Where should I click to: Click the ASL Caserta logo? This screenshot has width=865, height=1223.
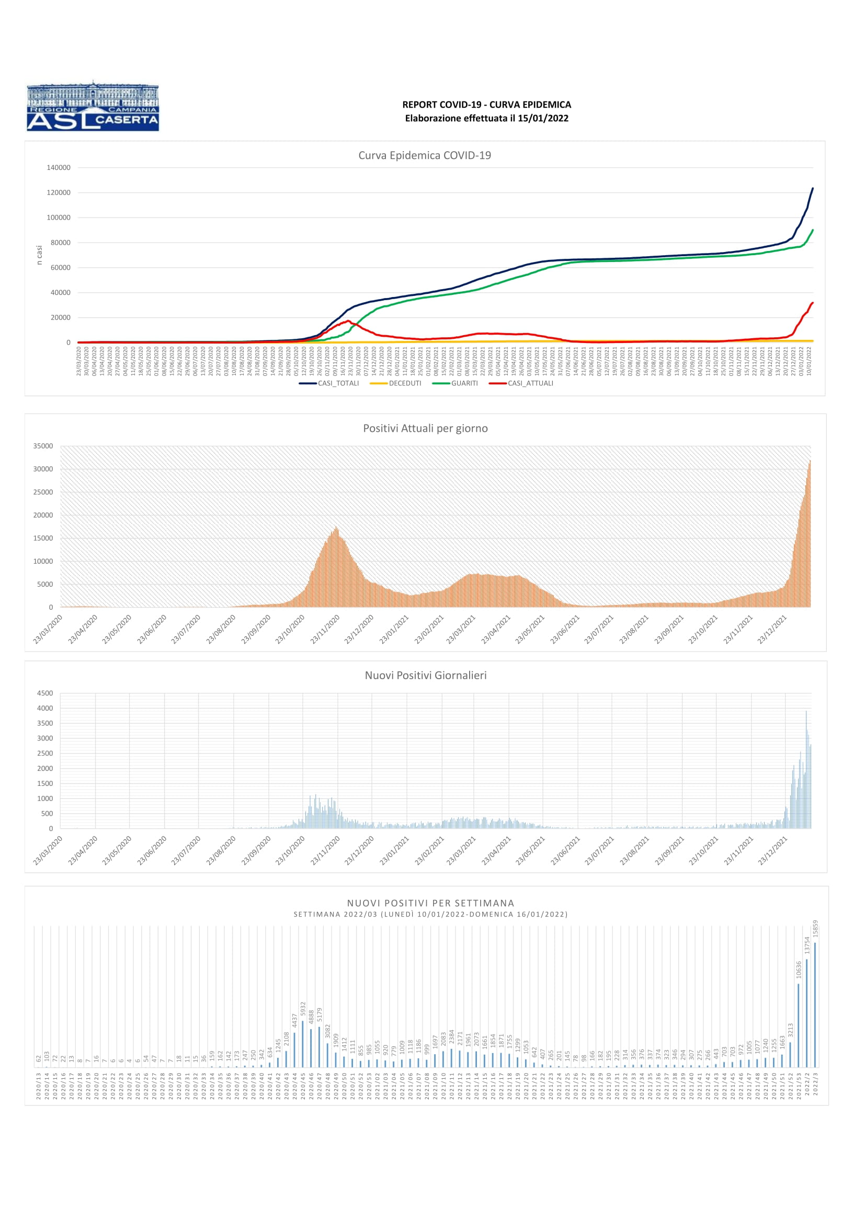93,106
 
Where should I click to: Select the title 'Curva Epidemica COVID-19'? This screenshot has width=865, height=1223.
425,155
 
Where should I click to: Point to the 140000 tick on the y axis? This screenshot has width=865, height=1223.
59,168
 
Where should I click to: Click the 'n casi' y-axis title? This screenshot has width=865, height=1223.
39,255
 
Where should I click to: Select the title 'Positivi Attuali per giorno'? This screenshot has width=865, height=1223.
425,428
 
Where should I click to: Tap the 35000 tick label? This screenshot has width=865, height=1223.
43,446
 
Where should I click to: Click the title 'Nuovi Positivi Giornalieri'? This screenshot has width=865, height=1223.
425,676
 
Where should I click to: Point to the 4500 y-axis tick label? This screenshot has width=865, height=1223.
45,693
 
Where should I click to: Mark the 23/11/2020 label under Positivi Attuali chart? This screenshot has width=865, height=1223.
325,629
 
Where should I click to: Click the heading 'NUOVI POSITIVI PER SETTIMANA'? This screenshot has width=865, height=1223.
430,903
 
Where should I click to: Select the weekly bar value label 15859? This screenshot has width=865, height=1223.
815,929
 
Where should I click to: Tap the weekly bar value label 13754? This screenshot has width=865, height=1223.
806,945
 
